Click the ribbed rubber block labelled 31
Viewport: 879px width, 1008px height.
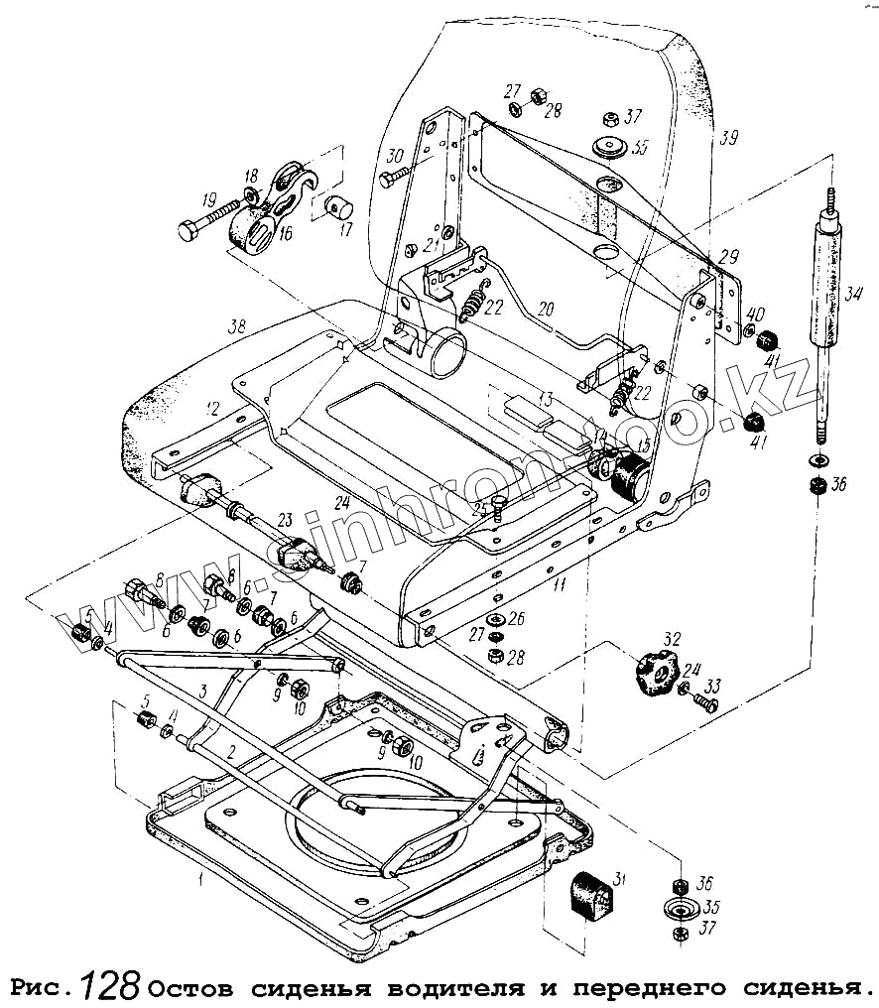point(592,897)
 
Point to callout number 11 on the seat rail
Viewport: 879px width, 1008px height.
point(560,586)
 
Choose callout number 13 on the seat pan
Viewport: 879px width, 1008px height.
point(544,400)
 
